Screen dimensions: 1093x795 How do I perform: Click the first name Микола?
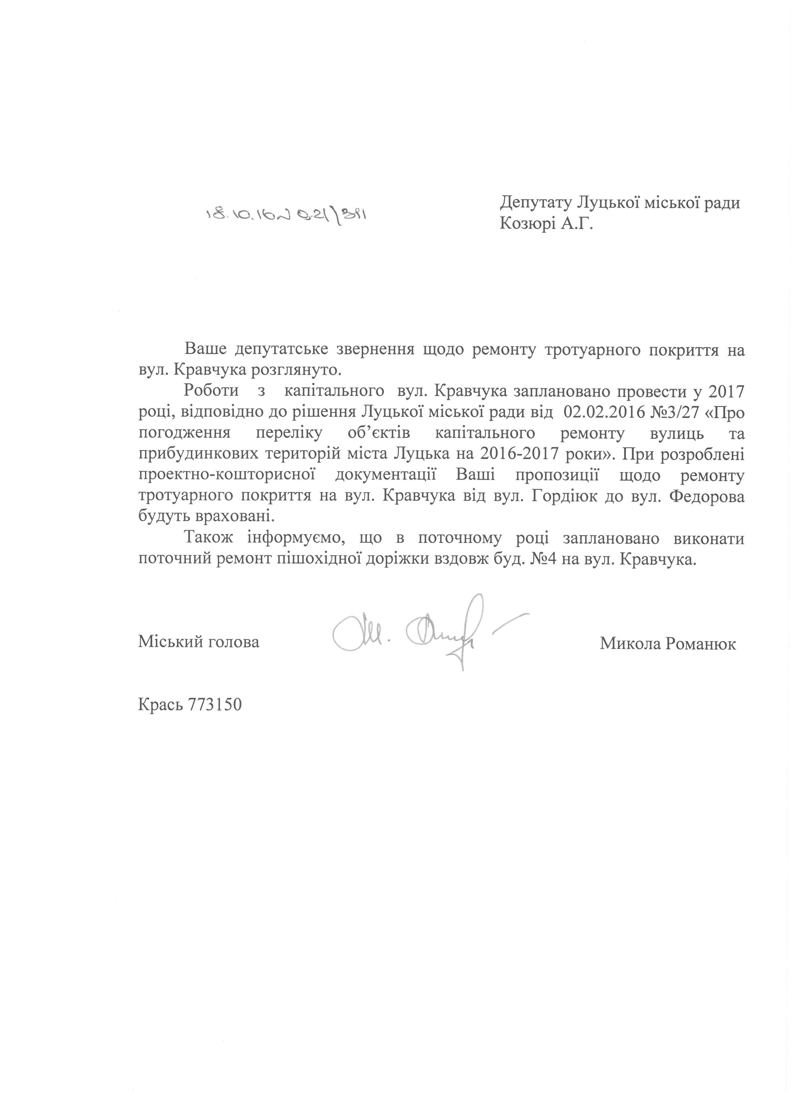630,644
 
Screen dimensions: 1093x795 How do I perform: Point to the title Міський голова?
199,642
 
